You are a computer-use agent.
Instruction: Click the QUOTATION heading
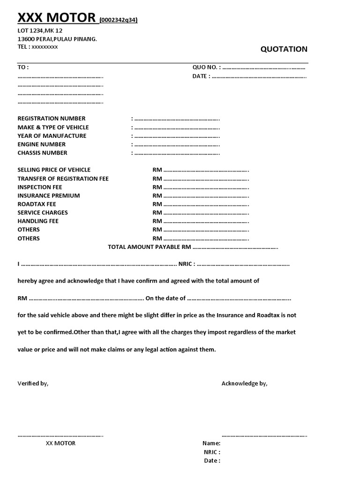pyautogui.click(x=284, y=49)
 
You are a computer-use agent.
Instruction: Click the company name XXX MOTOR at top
pyautogui.click(x=56, y=18)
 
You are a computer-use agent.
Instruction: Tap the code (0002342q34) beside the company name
pyautogui.click(x=118, y=20)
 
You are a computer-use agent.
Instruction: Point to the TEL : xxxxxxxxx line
pyautogui.click(x=38, y=47)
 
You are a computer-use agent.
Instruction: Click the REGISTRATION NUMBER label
pyautogui.click(x=52, y=119)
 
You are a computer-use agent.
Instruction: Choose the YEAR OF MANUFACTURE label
pyautogui.click(x=52, y=136)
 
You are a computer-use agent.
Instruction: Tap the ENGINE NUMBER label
pyautogui.click(x=42, y=144)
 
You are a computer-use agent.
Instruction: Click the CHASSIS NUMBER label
pyautogui.click(x=43, y=153)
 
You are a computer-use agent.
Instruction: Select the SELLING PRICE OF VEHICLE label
pyautogui.click(x=54, y=170)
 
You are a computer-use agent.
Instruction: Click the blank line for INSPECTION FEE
pyautogui.click(x=206, y=187)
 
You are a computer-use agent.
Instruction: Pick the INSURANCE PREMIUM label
pyautogui.click(x=49, y=195)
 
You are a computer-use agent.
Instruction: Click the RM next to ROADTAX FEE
pyautogui.click(x=157, y=204)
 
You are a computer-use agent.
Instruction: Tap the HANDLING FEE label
pyautogui.click(x=38, y=221)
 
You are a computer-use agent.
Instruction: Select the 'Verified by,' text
pyautogui.click(x=33, y=383)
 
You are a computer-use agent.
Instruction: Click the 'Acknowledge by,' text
pyautogui.click(x=244, y=383)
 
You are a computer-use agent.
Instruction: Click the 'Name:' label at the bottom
pyautogui.click(x=211, y=443)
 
